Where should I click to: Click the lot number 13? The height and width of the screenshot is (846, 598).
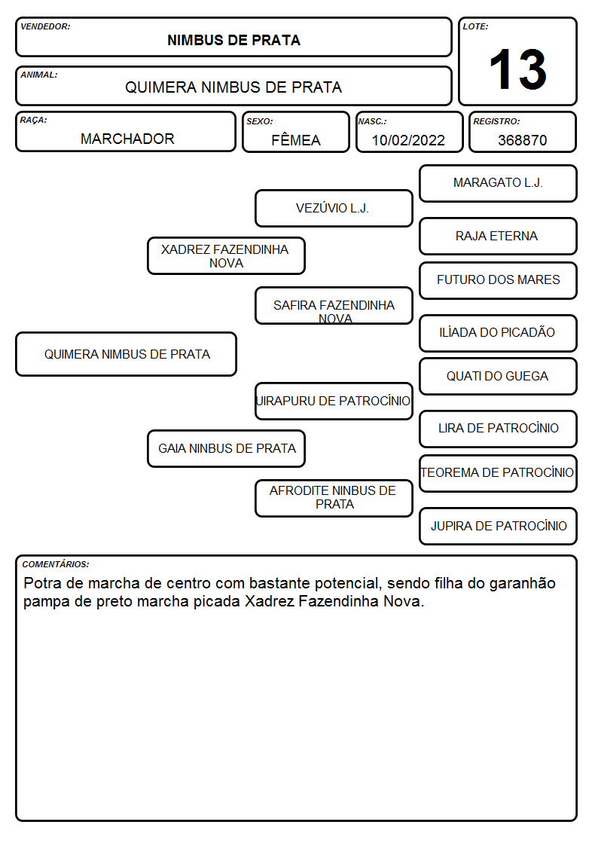pyautogui.click(x=517, y=69)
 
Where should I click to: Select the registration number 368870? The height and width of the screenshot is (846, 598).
pyautogui.click(x=522, y=140)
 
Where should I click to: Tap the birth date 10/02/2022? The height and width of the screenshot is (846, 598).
pyautogui.click(x=408, y=140)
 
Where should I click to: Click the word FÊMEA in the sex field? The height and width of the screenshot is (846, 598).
pyautogui.click(x=295, y=139)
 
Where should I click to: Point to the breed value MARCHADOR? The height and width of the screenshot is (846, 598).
pyautogui.click(x=127, y=139)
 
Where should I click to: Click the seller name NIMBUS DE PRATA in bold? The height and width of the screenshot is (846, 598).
pyautogui.click(x=233, y=40)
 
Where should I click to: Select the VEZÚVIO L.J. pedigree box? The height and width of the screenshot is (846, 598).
pyautogui.click(x=334, y=208)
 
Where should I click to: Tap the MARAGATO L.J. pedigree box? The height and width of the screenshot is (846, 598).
pyautogui.click(x=499, y=184)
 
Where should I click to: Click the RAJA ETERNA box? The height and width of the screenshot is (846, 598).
pyautogui.click(x=499, y=236)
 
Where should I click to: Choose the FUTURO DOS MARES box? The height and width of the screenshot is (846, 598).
pyautogui.click(x=499, y=280)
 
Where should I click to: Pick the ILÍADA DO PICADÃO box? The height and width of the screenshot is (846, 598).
pyautogui.click(x=499, y=333)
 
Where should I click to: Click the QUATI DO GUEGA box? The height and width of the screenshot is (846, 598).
pyautogui.click(x=499, y=376)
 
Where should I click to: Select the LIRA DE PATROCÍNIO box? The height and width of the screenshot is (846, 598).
pyautogui.click(x=499, y=429)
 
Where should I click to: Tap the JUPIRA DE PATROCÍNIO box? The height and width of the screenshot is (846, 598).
pyautogui.click(x=499, y=526)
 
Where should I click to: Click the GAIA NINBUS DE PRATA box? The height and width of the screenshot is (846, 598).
pyautogui.click(x=227, y=448)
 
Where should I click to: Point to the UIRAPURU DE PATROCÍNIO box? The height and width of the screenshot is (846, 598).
pyautogui.click(x=334, y=401)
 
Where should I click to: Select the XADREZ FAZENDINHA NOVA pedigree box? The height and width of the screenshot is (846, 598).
pyautogui.click(x=227, y=255)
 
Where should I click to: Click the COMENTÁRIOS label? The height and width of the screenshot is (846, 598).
pyautogui.click(x=56, y=564)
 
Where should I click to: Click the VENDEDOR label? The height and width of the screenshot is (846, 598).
pyautogui.click(x=45, y=26)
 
